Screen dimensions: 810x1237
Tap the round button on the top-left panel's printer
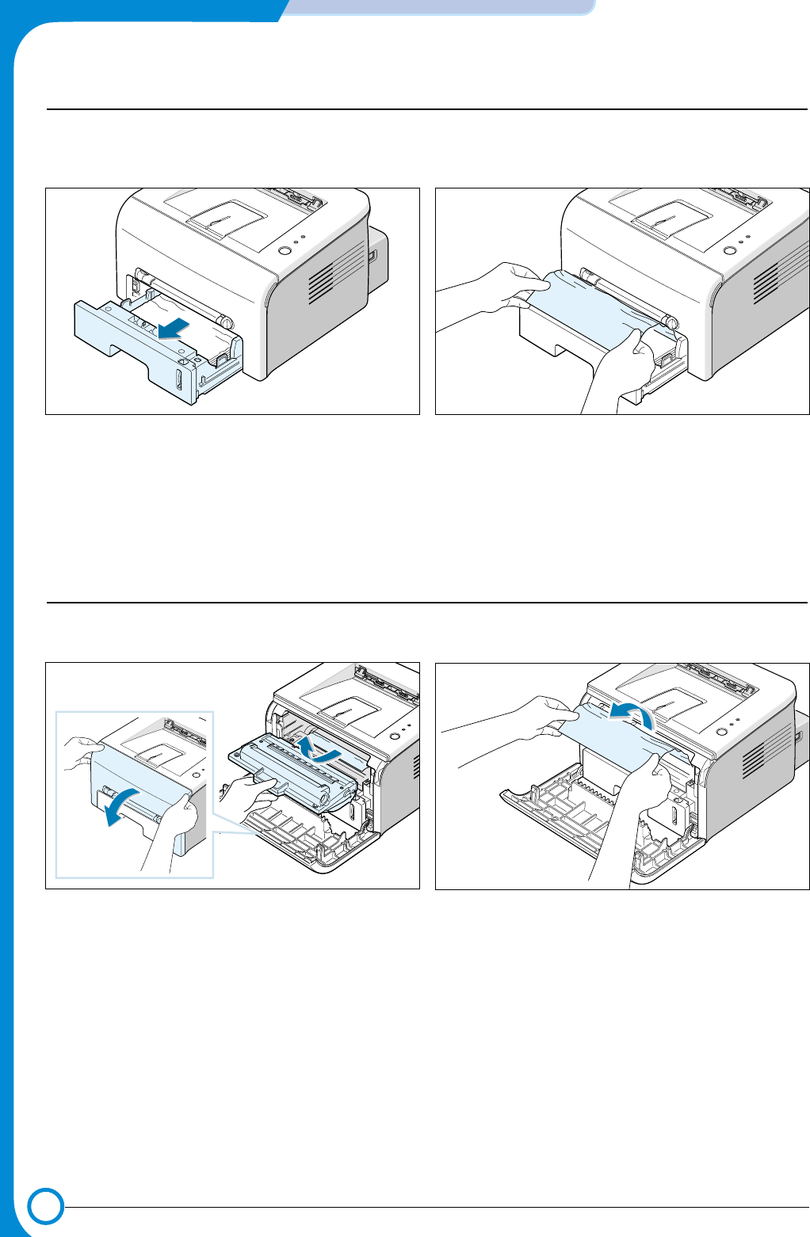(x=285, y=252)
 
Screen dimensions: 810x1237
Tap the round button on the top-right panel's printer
(x=729, y=252)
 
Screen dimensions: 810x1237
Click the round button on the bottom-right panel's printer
(x=720, y=731)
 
